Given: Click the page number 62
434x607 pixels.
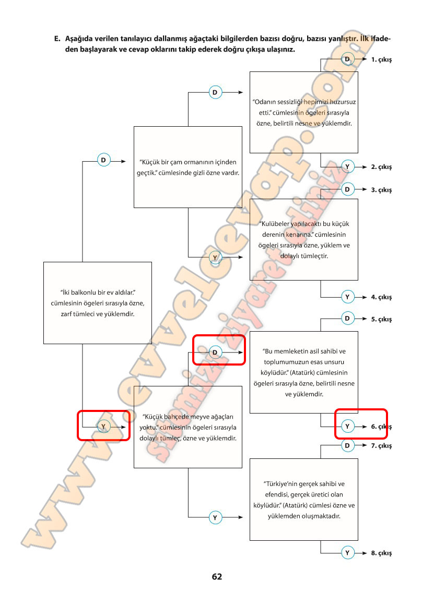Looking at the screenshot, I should [217, 577].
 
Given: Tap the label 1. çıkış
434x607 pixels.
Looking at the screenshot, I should [381, 60].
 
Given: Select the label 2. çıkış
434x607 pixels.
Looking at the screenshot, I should [381, 167].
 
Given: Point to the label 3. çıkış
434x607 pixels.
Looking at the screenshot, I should [381, 190].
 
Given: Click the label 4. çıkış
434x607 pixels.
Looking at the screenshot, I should [381, 297].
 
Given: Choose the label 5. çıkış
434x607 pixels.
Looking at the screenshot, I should [381, 319].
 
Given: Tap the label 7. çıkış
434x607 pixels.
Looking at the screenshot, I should [381, 446].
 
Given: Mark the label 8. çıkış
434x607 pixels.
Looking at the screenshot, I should [381, 553].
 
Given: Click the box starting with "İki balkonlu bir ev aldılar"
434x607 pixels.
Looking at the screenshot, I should [97, 302].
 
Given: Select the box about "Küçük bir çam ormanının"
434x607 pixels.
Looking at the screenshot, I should [188, 167].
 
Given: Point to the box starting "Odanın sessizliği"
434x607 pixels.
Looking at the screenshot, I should [303, 112].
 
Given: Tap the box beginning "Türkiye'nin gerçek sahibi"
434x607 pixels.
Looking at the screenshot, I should [303, 499].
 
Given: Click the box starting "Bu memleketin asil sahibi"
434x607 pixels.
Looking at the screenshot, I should [303, 372].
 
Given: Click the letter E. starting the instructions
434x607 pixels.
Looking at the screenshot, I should [57, 39].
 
